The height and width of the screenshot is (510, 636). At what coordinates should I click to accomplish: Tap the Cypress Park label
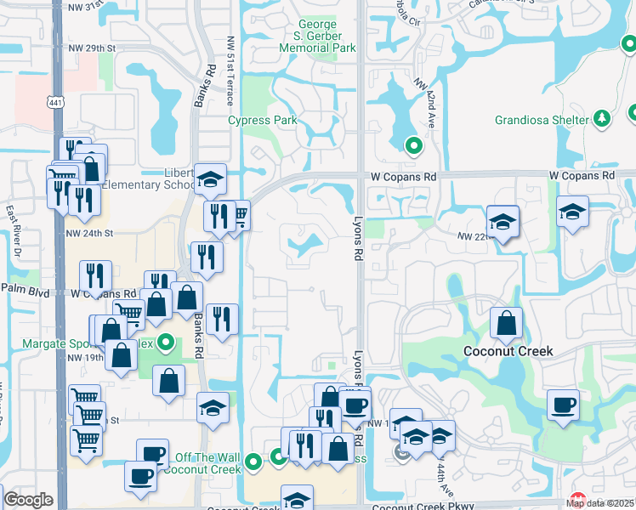coord(263,121)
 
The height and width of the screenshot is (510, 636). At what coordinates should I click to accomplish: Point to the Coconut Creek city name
coord(508,351)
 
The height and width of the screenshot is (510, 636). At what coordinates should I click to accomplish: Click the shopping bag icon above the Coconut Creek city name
coord(507,323)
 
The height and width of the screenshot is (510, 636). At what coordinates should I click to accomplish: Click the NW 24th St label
coord(90,232)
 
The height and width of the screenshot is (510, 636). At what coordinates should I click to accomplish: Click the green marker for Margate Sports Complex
coord(167,344)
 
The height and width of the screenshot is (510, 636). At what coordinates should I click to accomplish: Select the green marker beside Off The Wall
coord(253,463)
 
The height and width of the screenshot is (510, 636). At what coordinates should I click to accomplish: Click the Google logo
coord(28,501)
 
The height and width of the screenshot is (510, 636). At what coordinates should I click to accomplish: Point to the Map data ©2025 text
coord(600,503)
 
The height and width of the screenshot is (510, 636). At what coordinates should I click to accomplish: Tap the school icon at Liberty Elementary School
coord(210,179)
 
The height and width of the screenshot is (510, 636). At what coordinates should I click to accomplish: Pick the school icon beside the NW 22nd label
coord(503,221)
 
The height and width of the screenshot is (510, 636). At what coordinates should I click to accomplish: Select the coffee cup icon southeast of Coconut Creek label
coord(563,405)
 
